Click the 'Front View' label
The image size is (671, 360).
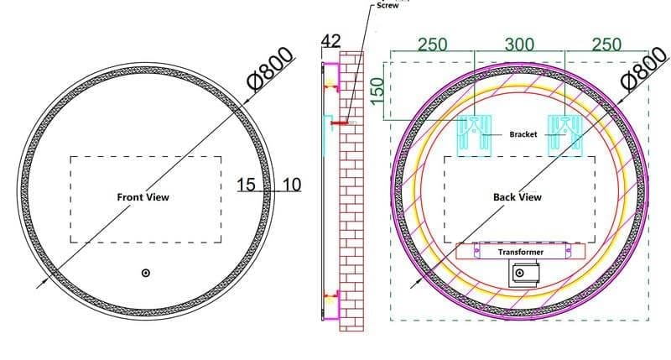coord(143,197)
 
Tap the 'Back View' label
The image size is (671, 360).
coord(517,197)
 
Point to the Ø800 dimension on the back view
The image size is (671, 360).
coord(647,70)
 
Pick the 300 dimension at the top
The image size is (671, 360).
coord(520,44)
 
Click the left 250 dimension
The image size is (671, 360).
coord(432,44)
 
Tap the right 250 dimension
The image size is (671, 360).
coord(606,44)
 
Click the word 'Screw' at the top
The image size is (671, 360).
coord(388,5)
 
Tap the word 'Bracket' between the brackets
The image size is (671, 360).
coord(523,134)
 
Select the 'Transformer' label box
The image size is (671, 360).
coord(520,252)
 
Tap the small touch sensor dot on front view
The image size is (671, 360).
coord(145,273)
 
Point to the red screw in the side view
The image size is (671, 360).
coord(340,123)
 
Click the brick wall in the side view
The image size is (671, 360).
coord(353,210)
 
